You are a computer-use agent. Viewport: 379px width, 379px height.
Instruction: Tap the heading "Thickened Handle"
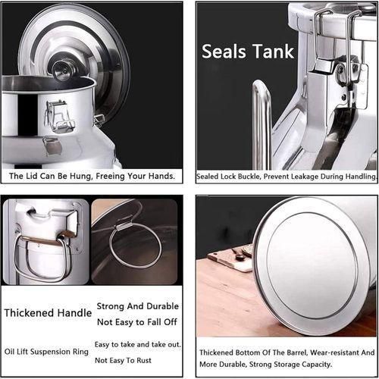point(42,312)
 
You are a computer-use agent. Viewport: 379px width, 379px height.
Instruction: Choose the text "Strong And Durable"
point(137,306)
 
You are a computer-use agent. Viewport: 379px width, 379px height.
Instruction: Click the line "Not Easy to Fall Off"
point(137,321)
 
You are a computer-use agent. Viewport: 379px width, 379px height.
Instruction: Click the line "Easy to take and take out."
point(137,344)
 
